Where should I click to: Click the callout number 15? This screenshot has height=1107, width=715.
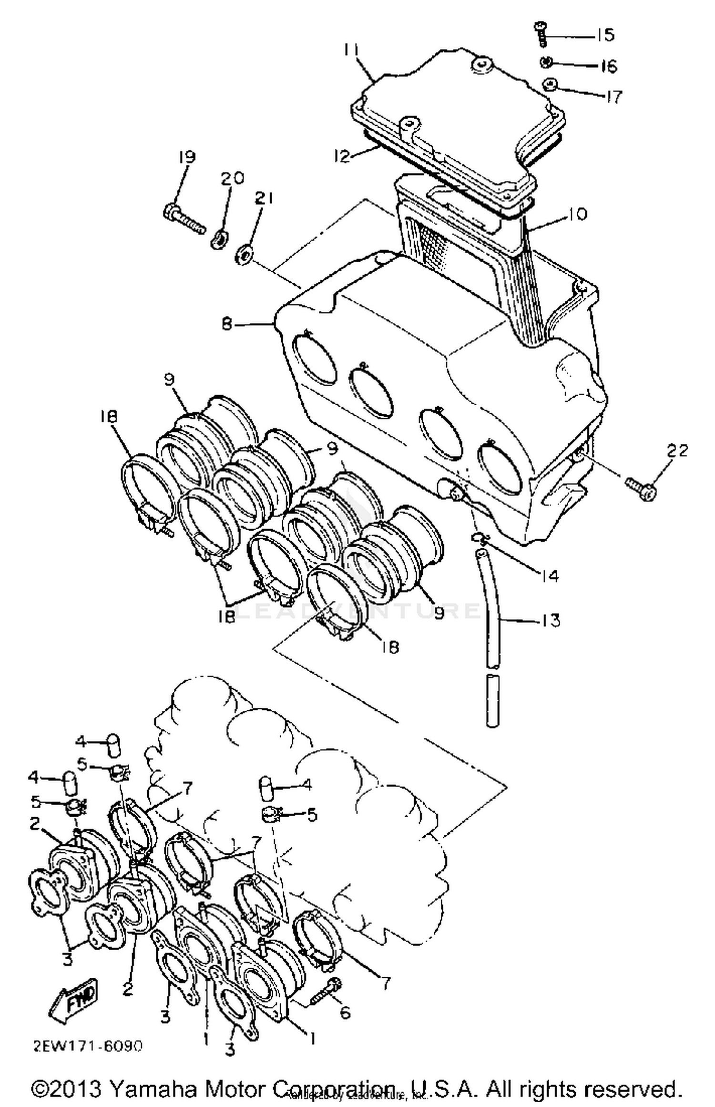tap(605, 35)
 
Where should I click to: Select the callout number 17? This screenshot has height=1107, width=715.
tap(614, 97)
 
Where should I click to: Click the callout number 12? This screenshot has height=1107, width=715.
tap(342, 156)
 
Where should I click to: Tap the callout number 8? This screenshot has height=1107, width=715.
tap(227, 324)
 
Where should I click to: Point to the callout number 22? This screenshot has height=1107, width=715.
tap(678, 451)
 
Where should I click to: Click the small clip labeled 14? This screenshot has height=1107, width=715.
tap(480, 539)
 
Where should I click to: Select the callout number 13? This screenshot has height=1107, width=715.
tap(551, 621)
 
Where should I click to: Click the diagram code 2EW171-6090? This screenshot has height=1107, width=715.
tap(88, 1046)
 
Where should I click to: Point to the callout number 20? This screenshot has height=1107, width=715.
tap(232, 178)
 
